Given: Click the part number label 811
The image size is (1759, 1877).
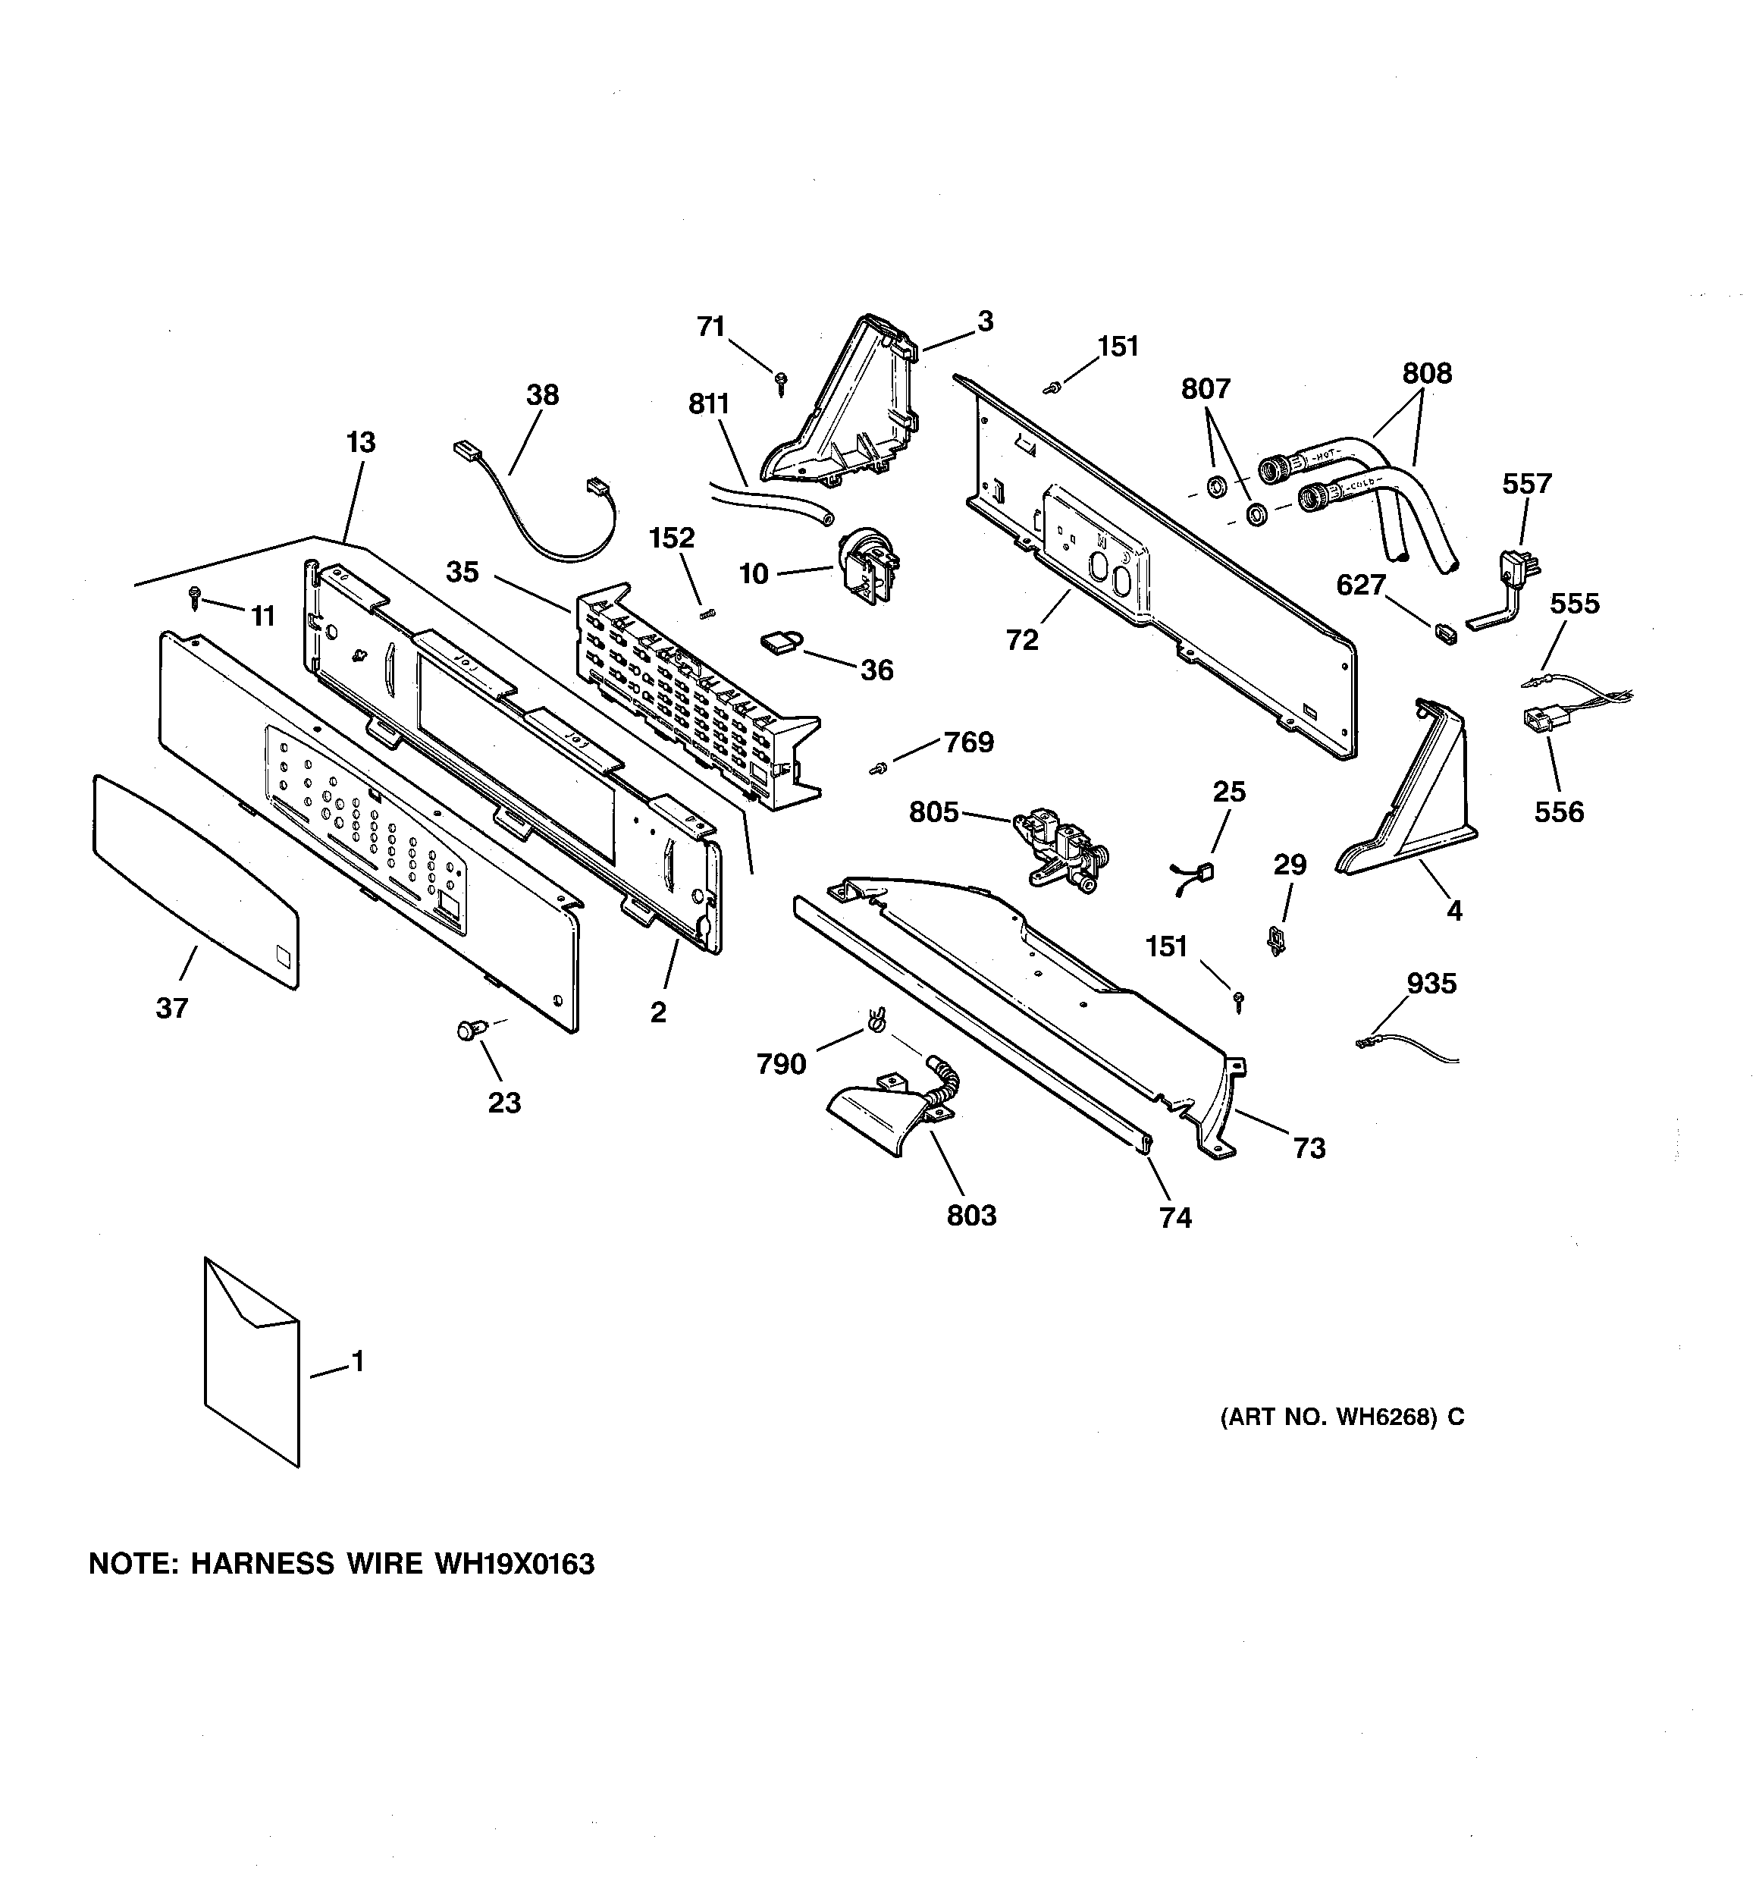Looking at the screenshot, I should click(708, 404).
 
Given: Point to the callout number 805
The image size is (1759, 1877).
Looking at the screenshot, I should click(933, 812).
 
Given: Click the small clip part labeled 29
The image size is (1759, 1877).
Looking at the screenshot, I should click(1278, 940).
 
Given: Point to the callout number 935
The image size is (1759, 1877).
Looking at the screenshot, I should click(1431, 984).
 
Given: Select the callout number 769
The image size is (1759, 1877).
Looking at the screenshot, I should click(969, 742).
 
